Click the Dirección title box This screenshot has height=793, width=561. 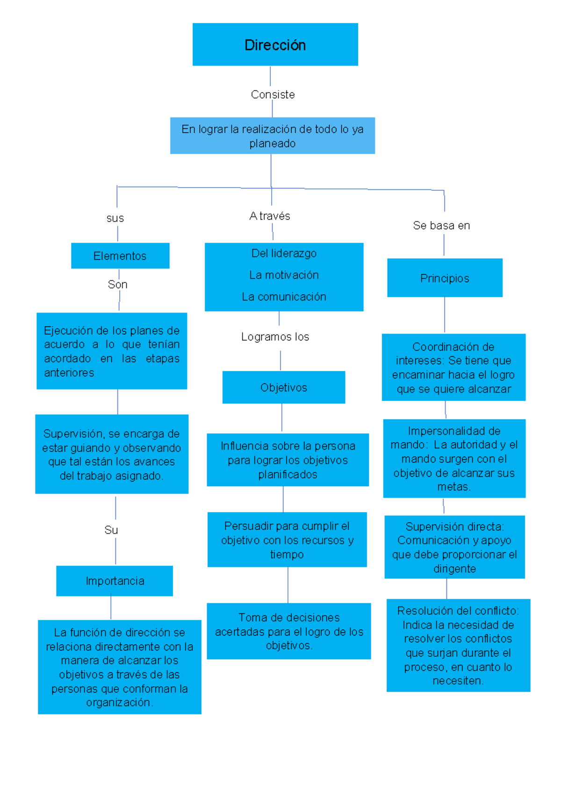pyautogui.click(x=275, y=45)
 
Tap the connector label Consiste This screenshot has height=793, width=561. pyautogui.click(x=273, y=94)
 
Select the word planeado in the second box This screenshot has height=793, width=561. pyautogui.click(x=272, y=144)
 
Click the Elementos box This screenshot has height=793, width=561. pyautogui.click(x=120, y=256)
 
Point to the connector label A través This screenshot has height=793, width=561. pyautogui.click(x=270, y=216)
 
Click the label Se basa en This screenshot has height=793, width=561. pyautogui.click(x=441, y=225)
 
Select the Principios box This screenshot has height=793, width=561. pyautogui.click(x=445, y=278)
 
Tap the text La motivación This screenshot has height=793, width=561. pyautogui.click(x=284, y=275)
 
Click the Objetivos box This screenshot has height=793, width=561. pyautogui.click(x=284, y=387)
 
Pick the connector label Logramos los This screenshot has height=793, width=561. pyautogui.click(x=275, y=337)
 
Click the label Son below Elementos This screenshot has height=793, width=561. pyautogui.click(x=117, y=284)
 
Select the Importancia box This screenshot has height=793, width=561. pyautogui.click(x=115, y=581)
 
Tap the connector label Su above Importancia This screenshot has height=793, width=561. pyautogui.click(x=111, y=530)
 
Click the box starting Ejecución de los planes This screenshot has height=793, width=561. pyautogui.click(x=112, y=351)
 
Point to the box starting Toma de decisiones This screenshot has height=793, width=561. pyautogui.click(x=289, y=631)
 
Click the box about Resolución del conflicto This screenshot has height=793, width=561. pyautogui.click(x=458, y=645)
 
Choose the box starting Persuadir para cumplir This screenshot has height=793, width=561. pyautogui.click(x=287, y=540)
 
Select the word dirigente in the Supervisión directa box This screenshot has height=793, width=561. pyautogui.click(x=454, y=569)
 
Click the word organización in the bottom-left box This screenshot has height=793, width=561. pyautogui.click(x=119, y=702)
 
